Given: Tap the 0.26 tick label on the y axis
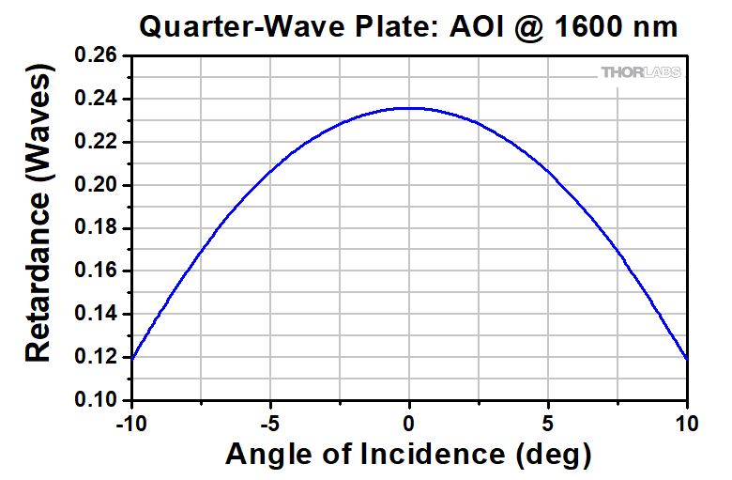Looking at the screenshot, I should coord(97,56).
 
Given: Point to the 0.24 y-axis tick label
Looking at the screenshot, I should coord(97,100).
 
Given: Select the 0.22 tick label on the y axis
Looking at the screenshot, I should coord(97,143).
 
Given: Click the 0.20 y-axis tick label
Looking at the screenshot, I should coord(97,186).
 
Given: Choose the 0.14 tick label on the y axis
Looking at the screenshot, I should coord(97,315).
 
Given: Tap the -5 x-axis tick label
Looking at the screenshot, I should coord(270,423).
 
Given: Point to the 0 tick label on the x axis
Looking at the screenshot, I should coord(409,423).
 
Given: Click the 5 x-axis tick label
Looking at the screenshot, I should coord(549,423).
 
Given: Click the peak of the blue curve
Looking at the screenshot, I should coord(409,108).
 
